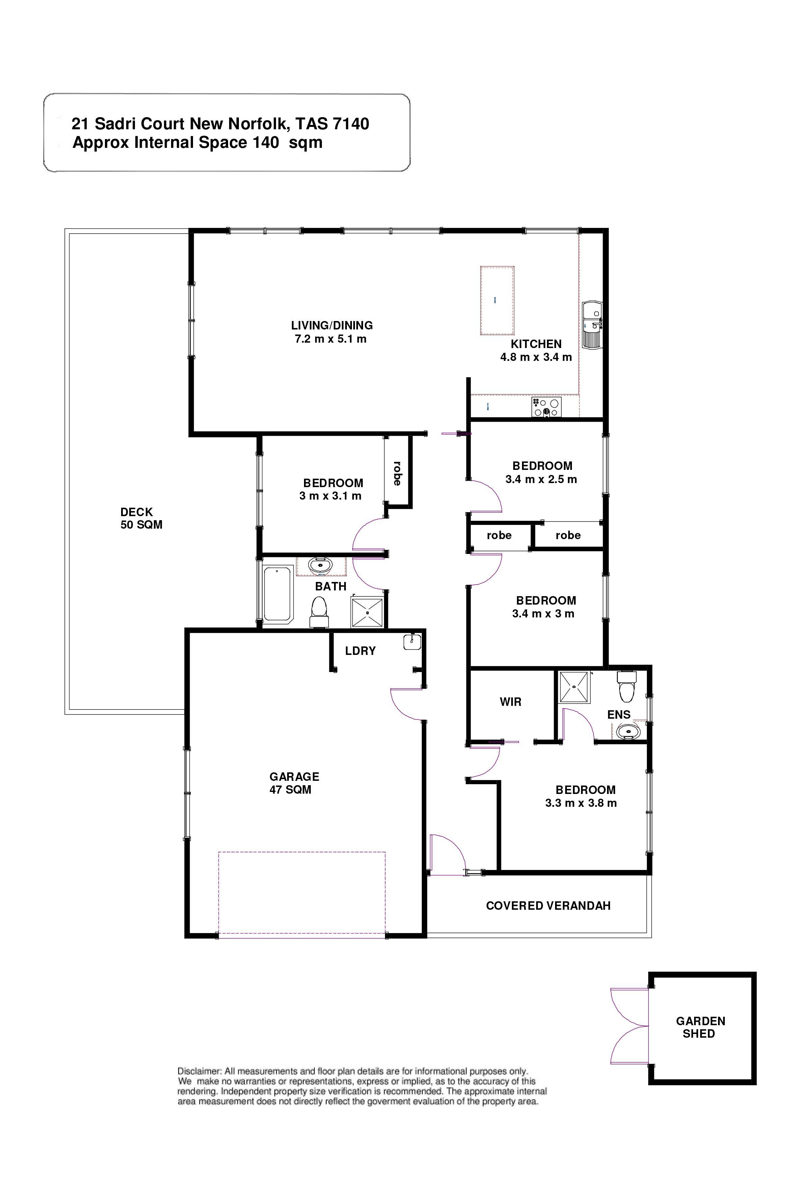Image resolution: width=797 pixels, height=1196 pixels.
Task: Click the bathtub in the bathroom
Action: (x=277, y=594)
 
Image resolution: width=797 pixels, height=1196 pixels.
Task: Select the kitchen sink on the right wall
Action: (x=592, y=325)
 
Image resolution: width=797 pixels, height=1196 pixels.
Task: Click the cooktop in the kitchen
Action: (x=546, y=407)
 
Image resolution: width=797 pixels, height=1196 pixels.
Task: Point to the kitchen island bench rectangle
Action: (x=497, y=300)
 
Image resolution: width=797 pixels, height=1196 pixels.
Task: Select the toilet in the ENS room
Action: (x=627, y=685)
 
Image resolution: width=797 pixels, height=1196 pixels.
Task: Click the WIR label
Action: (x=510, y=702)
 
